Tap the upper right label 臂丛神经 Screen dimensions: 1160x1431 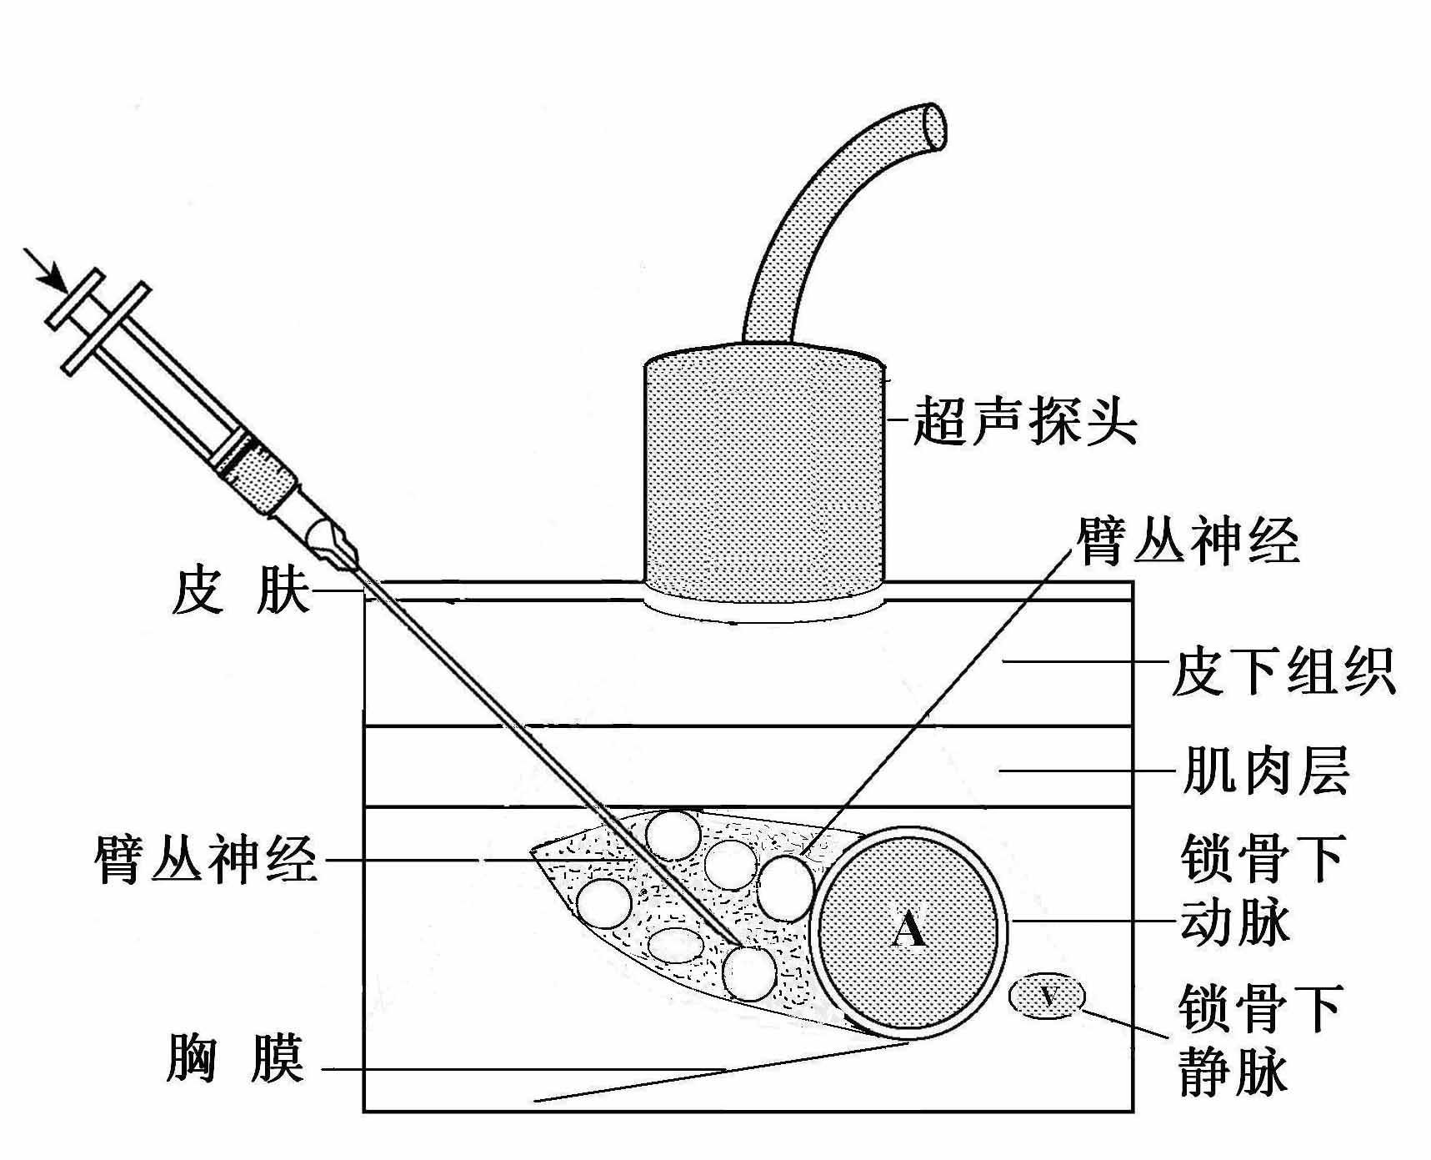pos(1188,540)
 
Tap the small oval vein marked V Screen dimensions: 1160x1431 pos(1048,996)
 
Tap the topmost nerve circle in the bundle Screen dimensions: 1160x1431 pos(673,835)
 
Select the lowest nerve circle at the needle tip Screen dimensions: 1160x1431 pos(748,972)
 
